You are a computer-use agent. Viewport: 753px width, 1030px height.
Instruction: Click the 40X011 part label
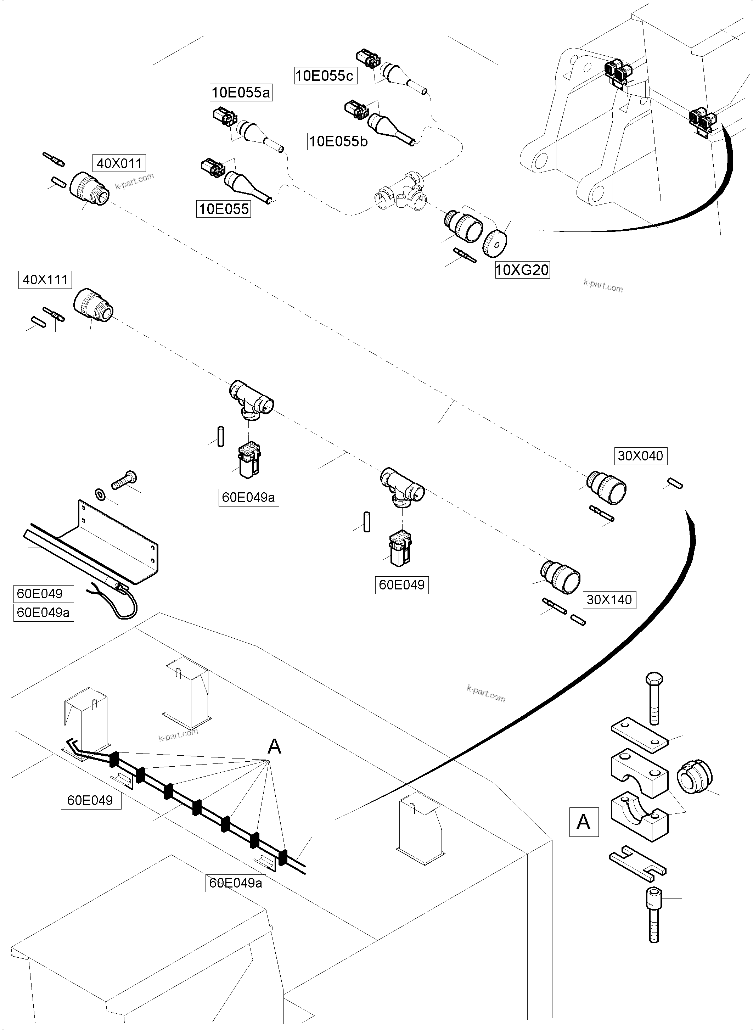click(119, 163)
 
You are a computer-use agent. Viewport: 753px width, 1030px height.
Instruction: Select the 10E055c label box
click(325, 76)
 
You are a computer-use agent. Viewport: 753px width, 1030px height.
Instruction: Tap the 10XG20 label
click(522, 270)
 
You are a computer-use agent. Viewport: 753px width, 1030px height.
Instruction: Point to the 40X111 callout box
click(45, 280)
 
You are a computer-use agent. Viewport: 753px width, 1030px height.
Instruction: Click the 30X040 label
click(640, 455)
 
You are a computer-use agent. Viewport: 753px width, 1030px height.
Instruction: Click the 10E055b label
click(338, 141)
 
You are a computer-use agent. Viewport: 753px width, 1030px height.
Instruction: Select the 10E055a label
click(241, 93)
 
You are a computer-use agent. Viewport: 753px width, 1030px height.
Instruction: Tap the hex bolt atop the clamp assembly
click(654, 697)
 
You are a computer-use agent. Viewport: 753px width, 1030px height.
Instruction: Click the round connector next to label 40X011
click(90, 188)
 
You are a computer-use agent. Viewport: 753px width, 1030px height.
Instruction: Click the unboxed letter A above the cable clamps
click(274, 746)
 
